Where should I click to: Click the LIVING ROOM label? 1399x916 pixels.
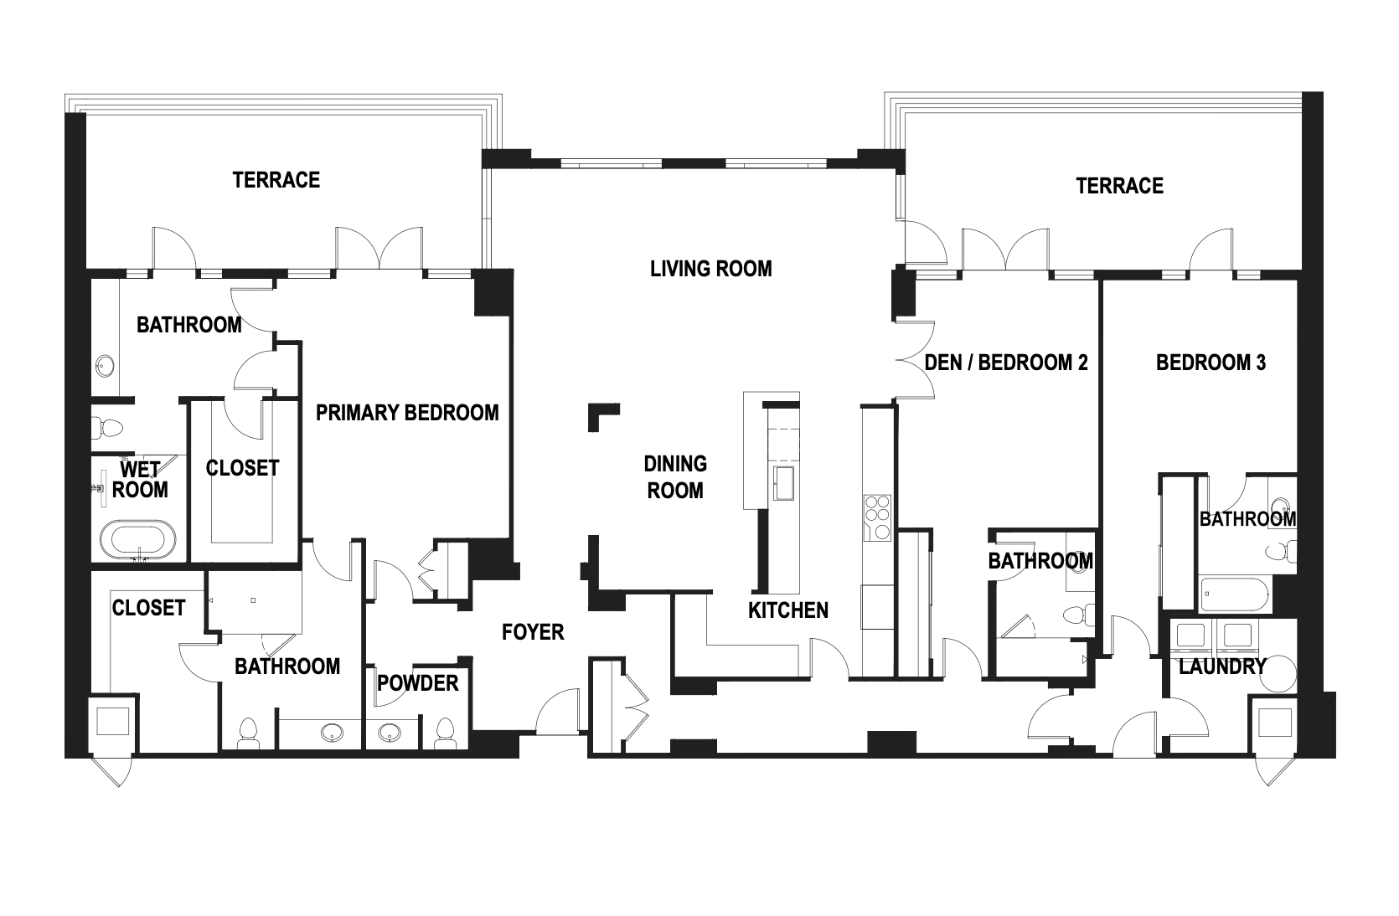tap(710, 269)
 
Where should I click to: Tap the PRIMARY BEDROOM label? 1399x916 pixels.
tap(407, 413)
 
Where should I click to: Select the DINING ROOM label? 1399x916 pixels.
tap(675, 477)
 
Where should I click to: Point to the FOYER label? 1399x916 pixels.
tap(533, 632)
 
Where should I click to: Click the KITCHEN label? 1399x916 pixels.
tap(788, 610)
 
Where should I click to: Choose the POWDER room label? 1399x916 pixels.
tap(418, 683)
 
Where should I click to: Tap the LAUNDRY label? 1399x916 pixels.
tap(1222, 666)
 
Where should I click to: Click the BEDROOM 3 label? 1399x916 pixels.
tap(1211, 363)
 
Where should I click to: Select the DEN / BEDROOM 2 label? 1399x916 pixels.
tap(1005, 363)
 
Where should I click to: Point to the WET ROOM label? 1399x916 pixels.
tap(140, 479)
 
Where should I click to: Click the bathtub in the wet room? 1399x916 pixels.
tap(138, 539)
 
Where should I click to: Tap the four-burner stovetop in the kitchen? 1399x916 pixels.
tap(877, 517)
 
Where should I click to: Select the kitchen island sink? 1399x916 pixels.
tap(784, 482)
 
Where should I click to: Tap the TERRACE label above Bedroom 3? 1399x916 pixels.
tap(1119, 185)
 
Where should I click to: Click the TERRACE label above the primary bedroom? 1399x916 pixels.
tap(276, 180)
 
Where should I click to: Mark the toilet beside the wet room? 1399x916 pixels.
tap(108, 428)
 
